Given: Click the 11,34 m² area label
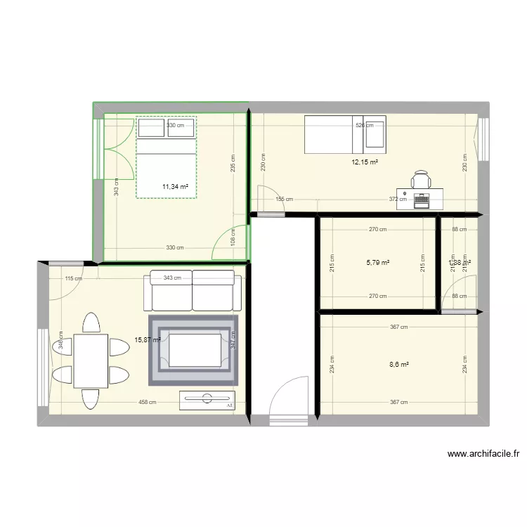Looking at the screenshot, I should tap(175, 187).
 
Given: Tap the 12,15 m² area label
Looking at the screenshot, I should tap(365, 162).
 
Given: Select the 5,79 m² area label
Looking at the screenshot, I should tap(377, 263).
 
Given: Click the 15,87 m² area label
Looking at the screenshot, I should tap(148, 340).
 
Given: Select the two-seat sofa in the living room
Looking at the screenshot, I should tap(193, 292).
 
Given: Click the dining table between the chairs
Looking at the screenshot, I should tap(91, 360).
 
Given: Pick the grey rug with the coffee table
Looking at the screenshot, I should tap(193, 350).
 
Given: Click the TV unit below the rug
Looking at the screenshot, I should tap(207, 400).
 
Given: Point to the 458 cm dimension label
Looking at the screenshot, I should tap(148, 403).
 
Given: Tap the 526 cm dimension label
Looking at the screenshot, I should tap(364, 126).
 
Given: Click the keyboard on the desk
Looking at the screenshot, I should tap(422, 201).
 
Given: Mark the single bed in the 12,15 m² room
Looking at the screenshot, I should tap(344, 135).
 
